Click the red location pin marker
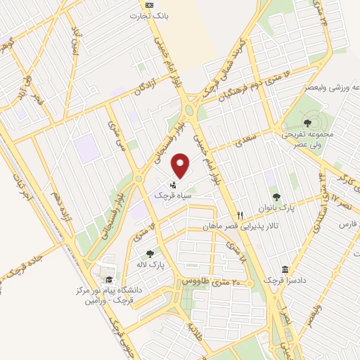point(181,165)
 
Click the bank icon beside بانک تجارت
point(148,5)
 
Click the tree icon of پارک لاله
point(149,254)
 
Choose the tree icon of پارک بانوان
point(275,198)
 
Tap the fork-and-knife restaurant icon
point(240,216)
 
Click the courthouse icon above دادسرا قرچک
point(284,269)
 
